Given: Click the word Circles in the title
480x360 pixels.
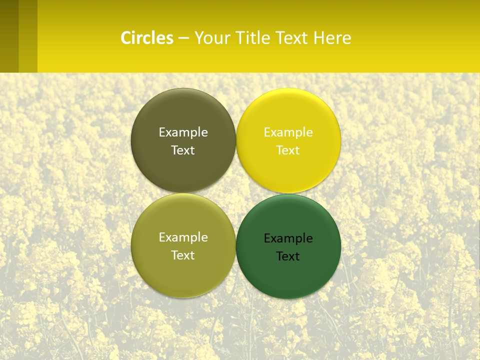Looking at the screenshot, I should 147,38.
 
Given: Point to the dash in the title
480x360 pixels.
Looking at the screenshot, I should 183,38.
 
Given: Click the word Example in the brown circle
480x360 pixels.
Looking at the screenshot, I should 183,132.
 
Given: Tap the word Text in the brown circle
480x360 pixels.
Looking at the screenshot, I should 183,150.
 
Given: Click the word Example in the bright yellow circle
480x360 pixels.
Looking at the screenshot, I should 288,132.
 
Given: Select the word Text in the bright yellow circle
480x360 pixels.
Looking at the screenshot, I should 288,150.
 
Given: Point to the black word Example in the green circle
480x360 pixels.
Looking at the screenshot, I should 288,238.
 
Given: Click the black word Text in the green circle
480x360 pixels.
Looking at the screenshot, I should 288,256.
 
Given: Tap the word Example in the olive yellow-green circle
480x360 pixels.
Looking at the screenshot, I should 183,237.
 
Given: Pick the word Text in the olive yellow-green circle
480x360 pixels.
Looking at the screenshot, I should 183,255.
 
